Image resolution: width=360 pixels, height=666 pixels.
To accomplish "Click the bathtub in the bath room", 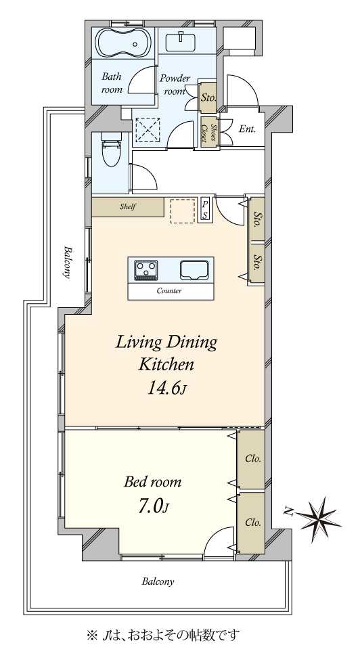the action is pos(122,43).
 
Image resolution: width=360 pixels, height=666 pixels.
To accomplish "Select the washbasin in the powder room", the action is pos(181,42).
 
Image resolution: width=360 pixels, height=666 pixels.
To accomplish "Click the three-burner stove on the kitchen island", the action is pos(146,270).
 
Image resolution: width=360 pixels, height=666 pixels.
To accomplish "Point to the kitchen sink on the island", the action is pos(194,270).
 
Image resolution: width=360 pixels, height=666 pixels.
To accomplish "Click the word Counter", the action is pos(169,291).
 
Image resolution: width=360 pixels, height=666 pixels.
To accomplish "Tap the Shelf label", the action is pos(127,207).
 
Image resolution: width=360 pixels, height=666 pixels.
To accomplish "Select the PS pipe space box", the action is pos(205,209).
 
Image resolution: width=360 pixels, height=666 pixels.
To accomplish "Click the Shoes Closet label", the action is pos(209,132).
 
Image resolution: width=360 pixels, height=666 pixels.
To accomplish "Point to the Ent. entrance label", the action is pos(247,129).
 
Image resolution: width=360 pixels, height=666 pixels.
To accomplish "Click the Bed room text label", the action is pos(152,482).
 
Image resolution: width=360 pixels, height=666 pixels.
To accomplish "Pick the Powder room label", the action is pos(175,85).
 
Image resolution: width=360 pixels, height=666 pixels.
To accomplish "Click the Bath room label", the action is pos(112,83).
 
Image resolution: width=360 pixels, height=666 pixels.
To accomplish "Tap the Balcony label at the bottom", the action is pos(158,581).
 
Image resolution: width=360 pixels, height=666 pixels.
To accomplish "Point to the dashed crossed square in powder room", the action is pos(147,130).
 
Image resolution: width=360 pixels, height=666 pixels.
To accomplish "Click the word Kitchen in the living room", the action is pos(166,364).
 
